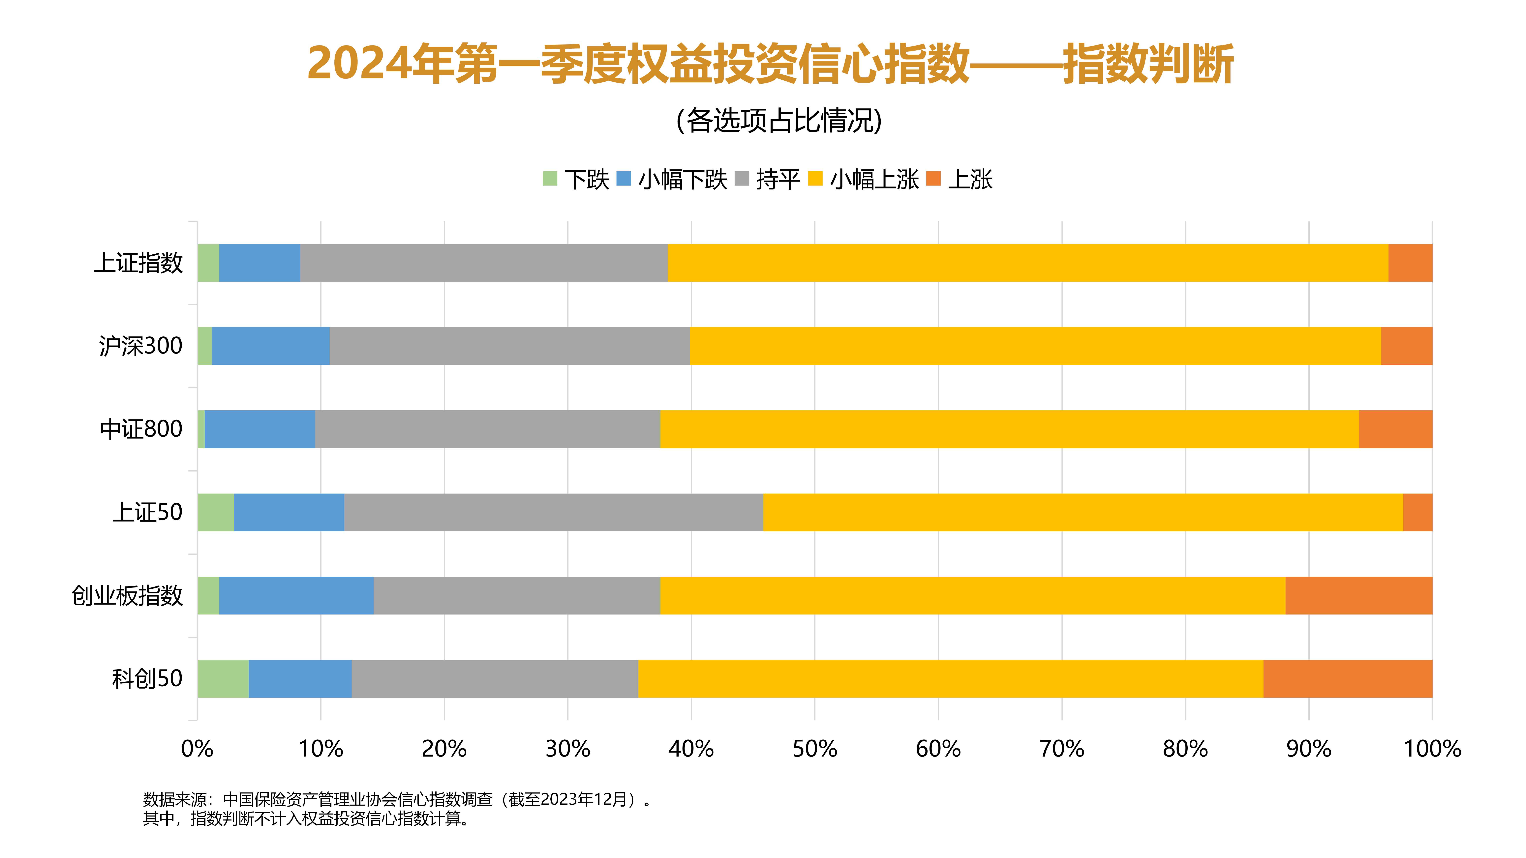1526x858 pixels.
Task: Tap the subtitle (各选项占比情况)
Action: pos(779,120)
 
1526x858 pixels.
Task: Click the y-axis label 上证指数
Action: pos(139,263)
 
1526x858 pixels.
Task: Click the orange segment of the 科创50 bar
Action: pos(1348,679)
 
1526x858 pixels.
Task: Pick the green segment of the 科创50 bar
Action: pos(223,679)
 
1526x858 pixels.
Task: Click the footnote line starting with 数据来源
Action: pos(397,800)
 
